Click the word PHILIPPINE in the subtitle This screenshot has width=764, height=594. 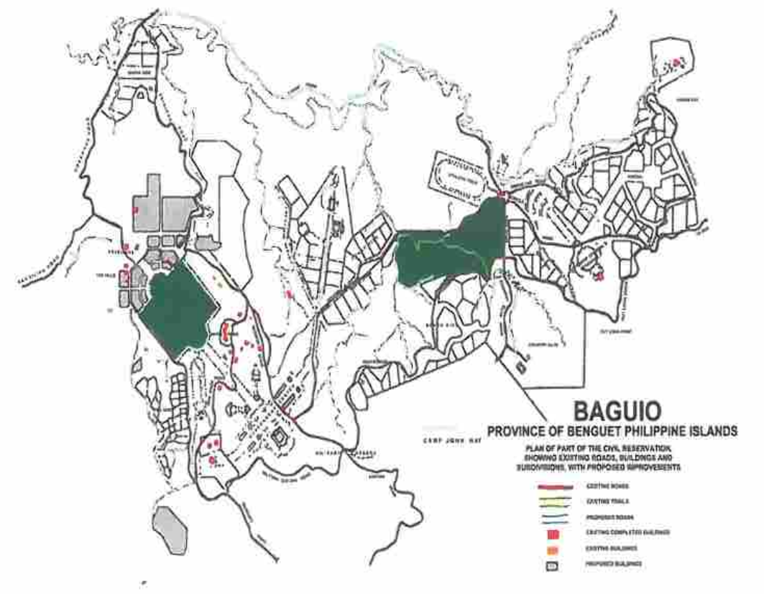657,432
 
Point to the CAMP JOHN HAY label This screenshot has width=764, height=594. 451,435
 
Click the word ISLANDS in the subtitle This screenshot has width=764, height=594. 712,432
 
